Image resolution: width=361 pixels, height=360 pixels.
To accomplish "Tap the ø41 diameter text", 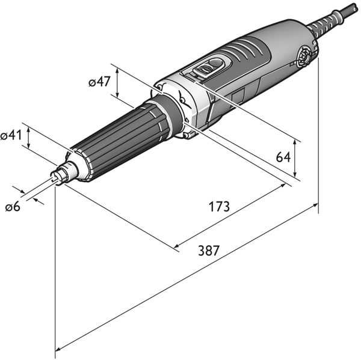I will (x=11, y=136).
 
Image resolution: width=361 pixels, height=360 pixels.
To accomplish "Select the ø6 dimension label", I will (x=13, y=207).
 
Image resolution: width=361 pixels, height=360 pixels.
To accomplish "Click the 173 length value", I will (x=219, y=207).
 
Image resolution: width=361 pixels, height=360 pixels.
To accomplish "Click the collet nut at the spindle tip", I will (x=61, y=174).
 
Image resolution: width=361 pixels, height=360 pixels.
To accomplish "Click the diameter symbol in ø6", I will (x=8, y=207).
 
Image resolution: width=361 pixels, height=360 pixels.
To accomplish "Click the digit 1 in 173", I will (x=212, y=207).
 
